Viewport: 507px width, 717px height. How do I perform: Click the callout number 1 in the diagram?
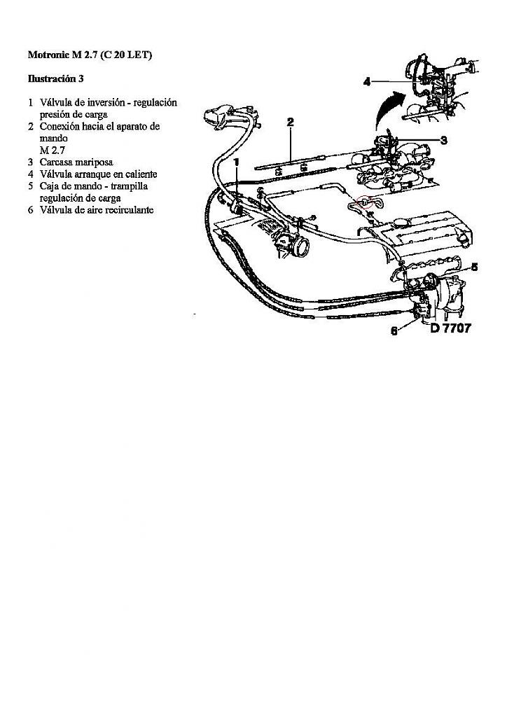coord(237,162)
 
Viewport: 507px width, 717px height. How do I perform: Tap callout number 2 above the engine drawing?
coord(291,122)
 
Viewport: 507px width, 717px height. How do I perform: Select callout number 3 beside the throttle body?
coord(443,140)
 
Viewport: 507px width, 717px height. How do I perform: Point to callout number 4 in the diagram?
coord(367,82)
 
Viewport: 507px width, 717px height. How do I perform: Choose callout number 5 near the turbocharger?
coord(475,267)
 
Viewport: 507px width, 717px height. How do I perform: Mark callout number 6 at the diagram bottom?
coord(394,331)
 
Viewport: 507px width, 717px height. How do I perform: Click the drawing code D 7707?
coord(450,328)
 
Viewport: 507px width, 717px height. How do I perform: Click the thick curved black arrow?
coord(389,107)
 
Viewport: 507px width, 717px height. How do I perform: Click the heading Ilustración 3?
coord(56,78)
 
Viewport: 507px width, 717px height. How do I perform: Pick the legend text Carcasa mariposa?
coord(76,162)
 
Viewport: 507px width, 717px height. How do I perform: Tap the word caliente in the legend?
coord(139,174)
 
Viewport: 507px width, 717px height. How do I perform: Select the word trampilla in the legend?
coord(130,186)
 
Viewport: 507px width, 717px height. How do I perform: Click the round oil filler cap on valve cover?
coord(402,223)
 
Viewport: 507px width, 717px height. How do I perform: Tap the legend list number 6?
coord(31,210)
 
